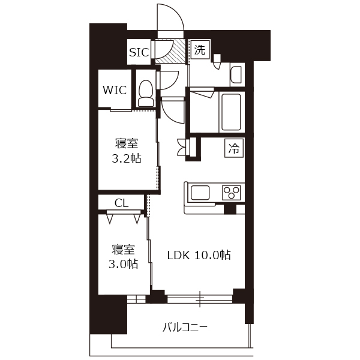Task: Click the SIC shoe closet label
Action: [x=139, y=52]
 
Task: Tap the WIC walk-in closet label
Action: [x=115, y=90]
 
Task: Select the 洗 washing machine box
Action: [x=200, y=50]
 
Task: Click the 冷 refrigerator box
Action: [x=234, y=148]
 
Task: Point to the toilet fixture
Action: [x=146, y=93]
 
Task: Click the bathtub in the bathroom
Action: [x=231, y=112]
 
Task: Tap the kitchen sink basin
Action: [x=200, y=193]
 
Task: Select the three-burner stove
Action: [x=231, y=193]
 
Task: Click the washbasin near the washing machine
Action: [x=236, y=74]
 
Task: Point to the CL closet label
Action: [x=121, y=203]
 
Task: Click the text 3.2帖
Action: [x=127, y=158]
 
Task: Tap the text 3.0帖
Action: [x=123, y=264]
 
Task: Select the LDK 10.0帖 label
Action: [x=199, y=255]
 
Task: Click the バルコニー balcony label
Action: [x=185, y=327]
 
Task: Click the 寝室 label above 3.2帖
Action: [x=127, y=143]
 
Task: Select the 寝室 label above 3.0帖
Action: [x=123, y=250]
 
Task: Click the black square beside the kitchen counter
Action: [x=230, y=209]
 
